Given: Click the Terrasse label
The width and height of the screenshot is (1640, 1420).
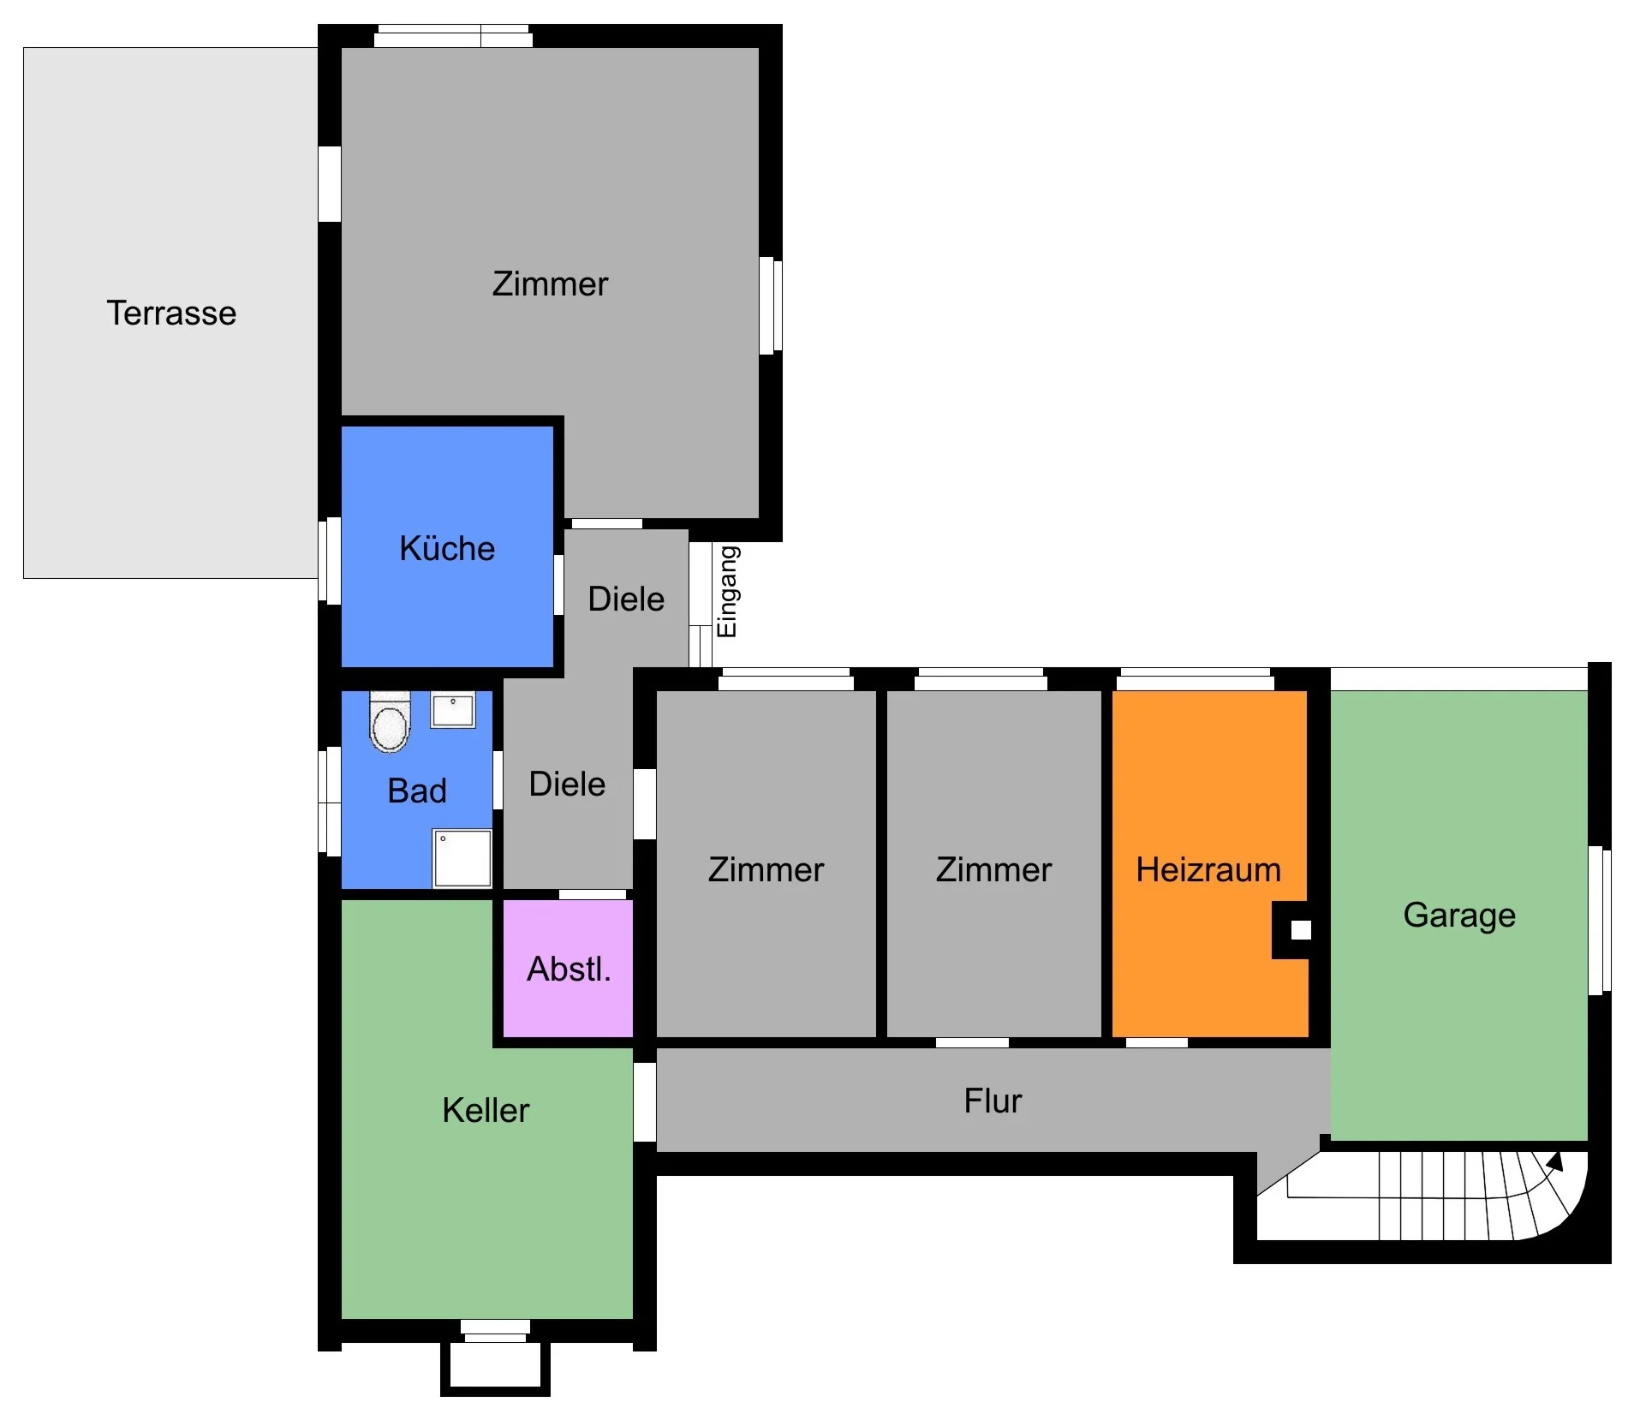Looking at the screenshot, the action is [x=171, y=313].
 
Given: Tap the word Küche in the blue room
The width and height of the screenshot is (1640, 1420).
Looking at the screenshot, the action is [x=447, y=548].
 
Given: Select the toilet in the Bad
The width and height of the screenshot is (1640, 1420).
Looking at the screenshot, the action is [x=390, y=722].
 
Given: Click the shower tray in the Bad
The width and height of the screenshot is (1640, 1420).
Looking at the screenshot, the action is [x=462, y=858].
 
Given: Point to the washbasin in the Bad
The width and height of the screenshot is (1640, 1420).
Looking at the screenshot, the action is [x=453, y=710].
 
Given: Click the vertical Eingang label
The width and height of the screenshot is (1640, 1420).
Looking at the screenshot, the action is [x=727, y=592].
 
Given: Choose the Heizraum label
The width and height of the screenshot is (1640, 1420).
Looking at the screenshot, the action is [x=1208, y=869].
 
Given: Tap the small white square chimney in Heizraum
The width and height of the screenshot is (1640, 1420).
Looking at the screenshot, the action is [x=1301, y=929].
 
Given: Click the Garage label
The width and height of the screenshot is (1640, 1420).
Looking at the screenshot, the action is [x=1459, y=916].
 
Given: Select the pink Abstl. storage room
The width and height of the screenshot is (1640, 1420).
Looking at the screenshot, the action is [x=568, y=968].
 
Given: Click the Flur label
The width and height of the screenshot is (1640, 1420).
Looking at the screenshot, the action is [x=993, y=1101].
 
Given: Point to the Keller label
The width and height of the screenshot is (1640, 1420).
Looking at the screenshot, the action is [x=486, y=1110].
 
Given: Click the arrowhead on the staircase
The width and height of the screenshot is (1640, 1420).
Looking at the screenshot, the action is [x=1555, y=1161].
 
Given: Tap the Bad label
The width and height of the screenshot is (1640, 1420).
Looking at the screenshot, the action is [x=417, y=791].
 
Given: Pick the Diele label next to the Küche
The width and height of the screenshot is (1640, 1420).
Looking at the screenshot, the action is [x=626, y=599].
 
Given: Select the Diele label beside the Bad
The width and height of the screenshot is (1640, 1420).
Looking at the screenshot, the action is [x=567, y=784].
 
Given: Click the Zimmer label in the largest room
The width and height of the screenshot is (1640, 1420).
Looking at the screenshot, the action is [x=550, y=283].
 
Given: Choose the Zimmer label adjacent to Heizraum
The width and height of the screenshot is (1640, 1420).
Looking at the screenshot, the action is [x=993, y=869].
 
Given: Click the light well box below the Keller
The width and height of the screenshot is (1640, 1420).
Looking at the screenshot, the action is [x=495, y=1368].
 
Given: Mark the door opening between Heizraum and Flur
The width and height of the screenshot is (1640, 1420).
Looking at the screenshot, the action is [x=1156, y=1042].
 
